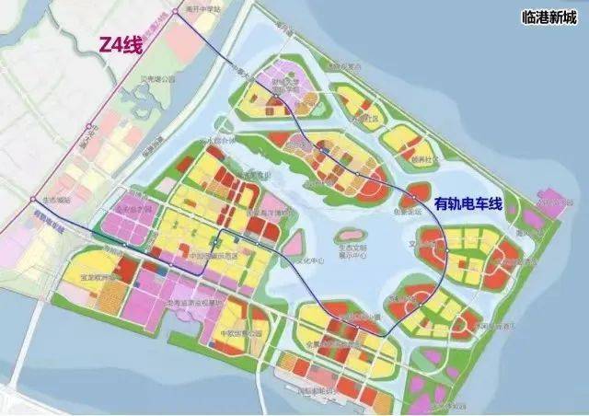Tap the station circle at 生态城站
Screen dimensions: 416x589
tap(34, 198)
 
